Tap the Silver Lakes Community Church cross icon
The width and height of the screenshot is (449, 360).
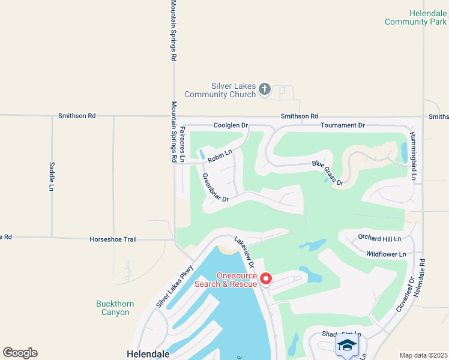[264, 90]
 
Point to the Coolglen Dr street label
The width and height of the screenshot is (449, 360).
[231, 125]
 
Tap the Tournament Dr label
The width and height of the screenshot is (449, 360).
[342, 125]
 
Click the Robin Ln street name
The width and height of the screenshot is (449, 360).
[219, 157]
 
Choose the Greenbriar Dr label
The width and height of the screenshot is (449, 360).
[215, 188]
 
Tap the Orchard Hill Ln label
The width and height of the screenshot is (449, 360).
[379, 238]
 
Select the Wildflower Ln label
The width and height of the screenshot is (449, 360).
[386, 254]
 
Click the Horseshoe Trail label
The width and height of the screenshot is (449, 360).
[113, 239]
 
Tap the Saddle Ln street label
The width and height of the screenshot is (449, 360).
[52, 176]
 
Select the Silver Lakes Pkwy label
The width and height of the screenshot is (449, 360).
[174, 287]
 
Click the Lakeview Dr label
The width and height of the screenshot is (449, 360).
[245, 251]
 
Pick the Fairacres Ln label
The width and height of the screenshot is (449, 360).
[182, 145]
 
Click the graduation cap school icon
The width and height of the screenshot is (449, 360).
[347, 346]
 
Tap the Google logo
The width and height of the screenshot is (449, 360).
[20, 353]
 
